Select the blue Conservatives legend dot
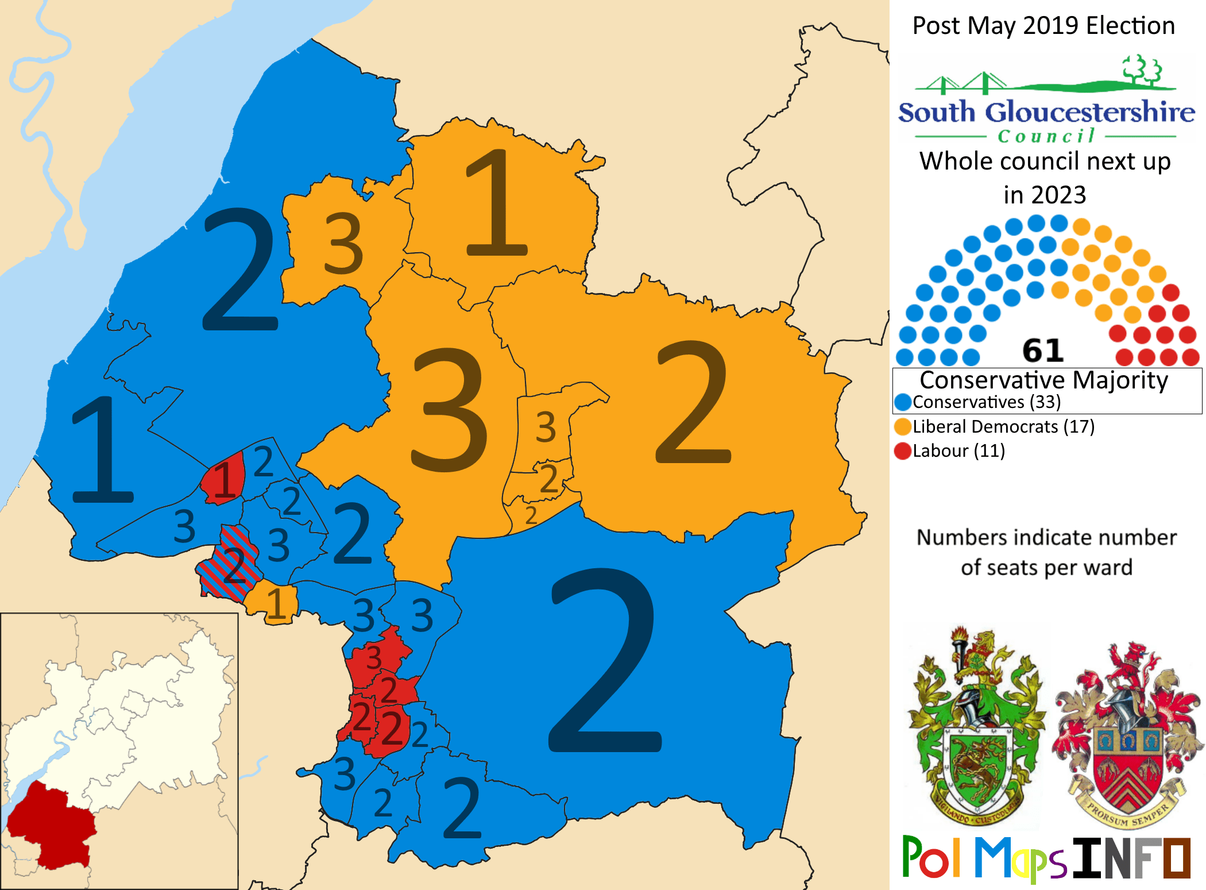(x=903, y=402)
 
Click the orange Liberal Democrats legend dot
(x=903, y=427)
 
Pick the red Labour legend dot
(x=903, y=451)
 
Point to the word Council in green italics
(x=1046, y=136)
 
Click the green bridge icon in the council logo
(x=965, y=84)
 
